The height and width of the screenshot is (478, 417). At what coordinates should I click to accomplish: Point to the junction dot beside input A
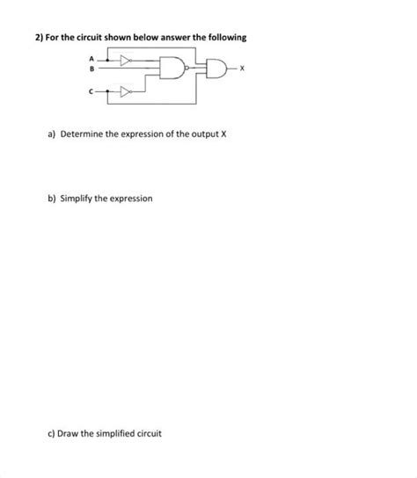click(107, 61)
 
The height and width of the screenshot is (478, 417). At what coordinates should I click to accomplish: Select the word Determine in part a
click(84, 138)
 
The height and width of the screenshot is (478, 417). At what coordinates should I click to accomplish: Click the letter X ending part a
click(226, 138)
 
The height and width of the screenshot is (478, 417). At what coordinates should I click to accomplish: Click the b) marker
click(52, 199)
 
